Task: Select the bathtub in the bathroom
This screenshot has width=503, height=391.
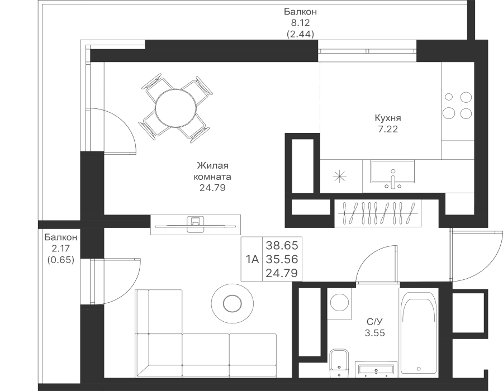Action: [x=419, y=335]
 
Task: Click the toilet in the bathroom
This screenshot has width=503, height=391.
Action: [x=339, y=365]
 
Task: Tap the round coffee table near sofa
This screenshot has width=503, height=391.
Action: [x=231, y=303]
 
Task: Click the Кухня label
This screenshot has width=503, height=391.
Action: [x=388, y=118]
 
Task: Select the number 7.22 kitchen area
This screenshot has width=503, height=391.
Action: [x=388, y=128]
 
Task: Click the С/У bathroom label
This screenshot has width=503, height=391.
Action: [x=374, y=322]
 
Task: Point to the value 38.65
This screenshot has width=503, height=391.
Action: [x=282, y=245]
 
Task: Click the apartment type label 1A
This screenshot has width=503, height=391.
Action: [x=252, y=259]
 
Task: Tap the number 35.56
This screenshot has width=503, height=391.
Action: [x=282, y=259]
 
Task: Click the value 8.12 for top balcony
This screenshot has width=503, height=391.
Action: [x=301, y=23]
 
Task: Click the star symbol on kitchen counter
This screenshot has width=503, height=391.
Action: [x=340, y=177]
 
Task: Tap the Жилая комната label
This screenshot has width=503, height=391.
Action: [x=213, y=176]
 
